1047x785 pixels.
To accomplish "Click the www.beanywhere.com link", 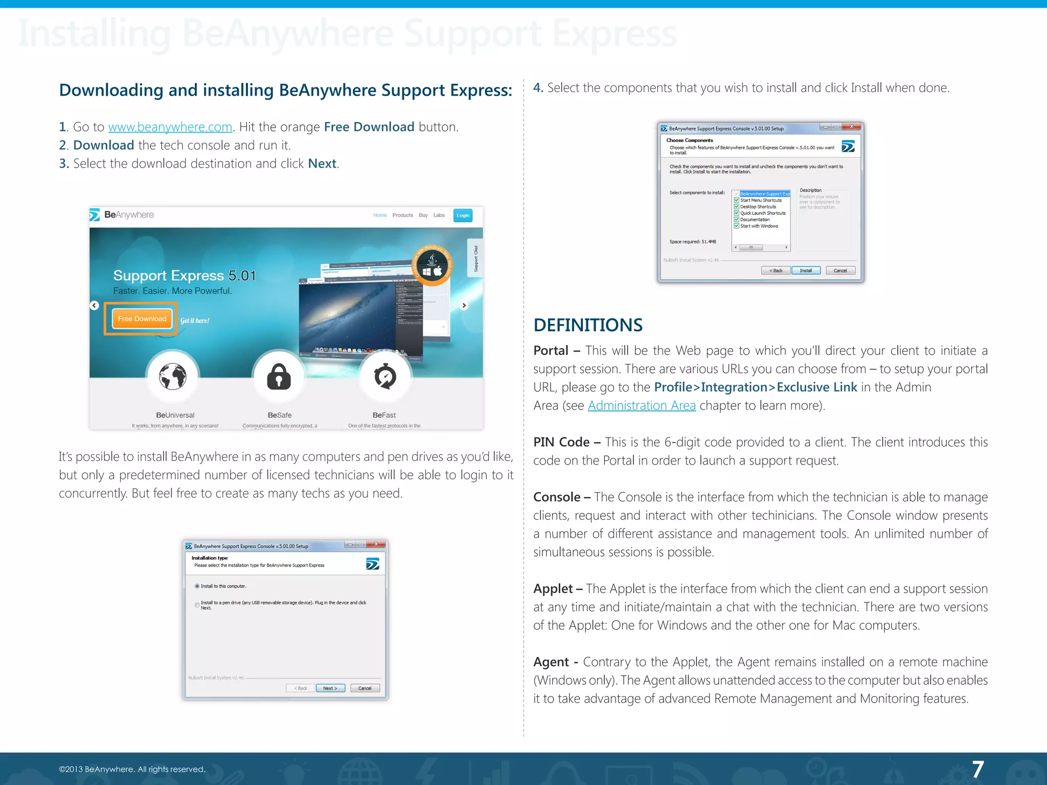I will pos(170,127).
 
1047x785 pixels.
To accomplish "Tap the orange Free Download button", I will pos(142,319).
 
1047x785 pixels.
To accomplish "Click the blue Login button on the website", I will pos(463,215).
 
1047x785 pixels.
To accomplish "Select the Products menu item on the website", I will pos(402,215).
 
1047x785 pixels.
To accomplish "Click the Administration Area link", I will pos(641,406).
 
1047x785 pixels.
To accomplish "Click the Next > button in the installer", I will pos(330,688).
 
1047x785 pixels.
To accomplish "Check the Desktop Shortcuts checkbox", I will pos(737,207).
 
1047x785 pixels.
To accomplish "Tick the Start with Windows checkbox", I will pos(737,226).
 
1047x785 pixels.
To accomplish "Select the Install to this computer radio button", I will pos(197,586).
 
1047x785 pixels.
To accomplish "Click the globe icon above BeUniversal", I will pos(173,377).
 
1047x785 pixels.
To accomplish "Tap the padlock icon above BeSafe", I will pos(279,377).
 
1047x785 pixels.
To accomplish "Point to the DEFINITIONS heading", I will pos(588,325).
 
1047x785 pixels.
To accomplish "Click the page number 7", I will pos(977,769).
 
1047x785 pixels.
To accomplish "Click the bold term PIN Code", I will pos(561,442).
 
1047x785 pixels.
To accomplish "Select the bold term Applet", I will pos(553,589).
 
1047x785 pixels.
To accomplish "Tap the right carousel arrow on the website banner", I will pos(464,306).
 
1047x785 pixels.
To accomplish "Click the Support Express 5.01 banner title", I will pos(185,276).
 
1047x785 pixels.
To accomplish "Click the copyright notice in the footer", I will pos(132,769).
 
